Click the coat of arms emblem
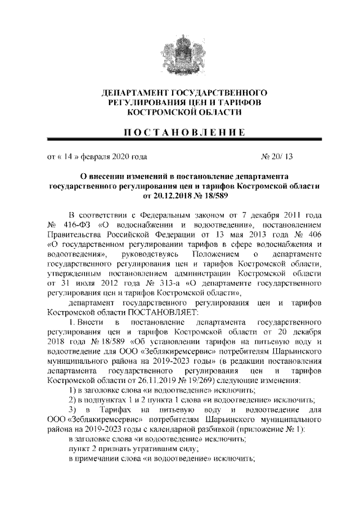coord(179,54)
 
